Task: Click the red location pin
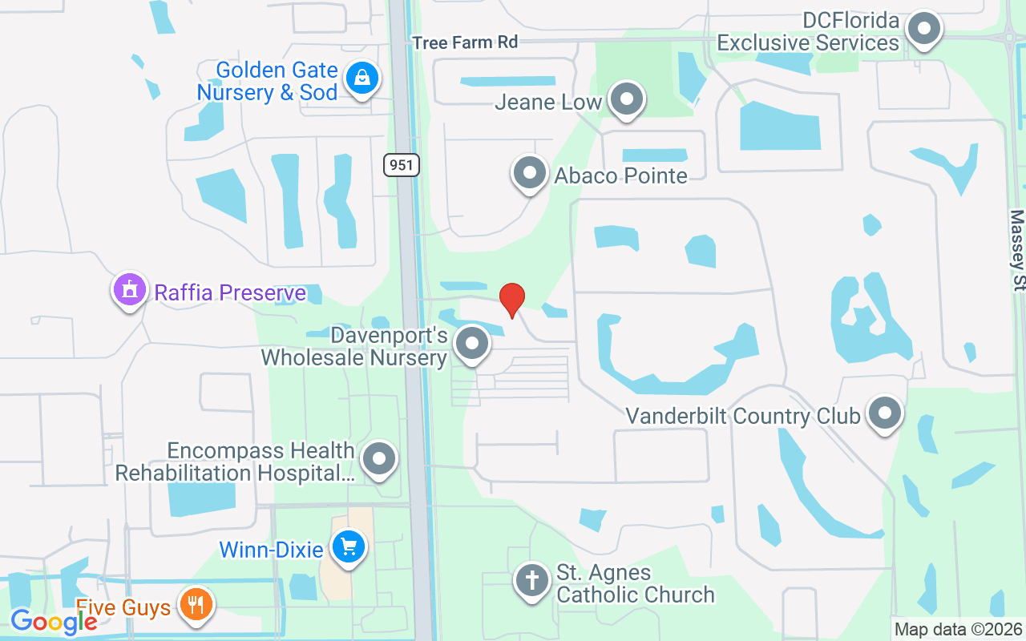512,299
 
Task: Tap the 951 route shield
401,165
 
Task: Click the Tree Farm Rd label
465,42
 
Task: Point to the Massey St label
1017,249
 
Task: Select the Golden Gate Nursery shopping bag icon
362,79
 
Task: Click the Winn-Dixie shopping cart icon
348,548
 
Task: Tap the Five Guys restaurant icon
194,604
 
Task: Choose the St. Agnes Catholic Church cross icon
531,581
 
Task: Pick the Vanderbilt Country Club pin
884,414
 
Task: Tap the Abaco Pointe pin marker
529,172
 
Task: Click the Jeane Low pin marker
627,100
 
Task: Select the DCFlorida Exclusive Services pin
923,30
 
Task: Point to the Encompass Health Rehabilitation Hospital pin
378,460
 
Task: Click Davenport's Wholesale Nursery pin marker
471,344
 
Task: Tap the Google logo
53,621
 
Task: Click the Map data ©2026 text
959,630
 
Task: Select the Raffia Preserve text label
230,292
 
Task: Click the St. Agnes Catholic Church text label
635,583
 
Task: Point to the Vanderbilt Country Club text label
742,416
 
